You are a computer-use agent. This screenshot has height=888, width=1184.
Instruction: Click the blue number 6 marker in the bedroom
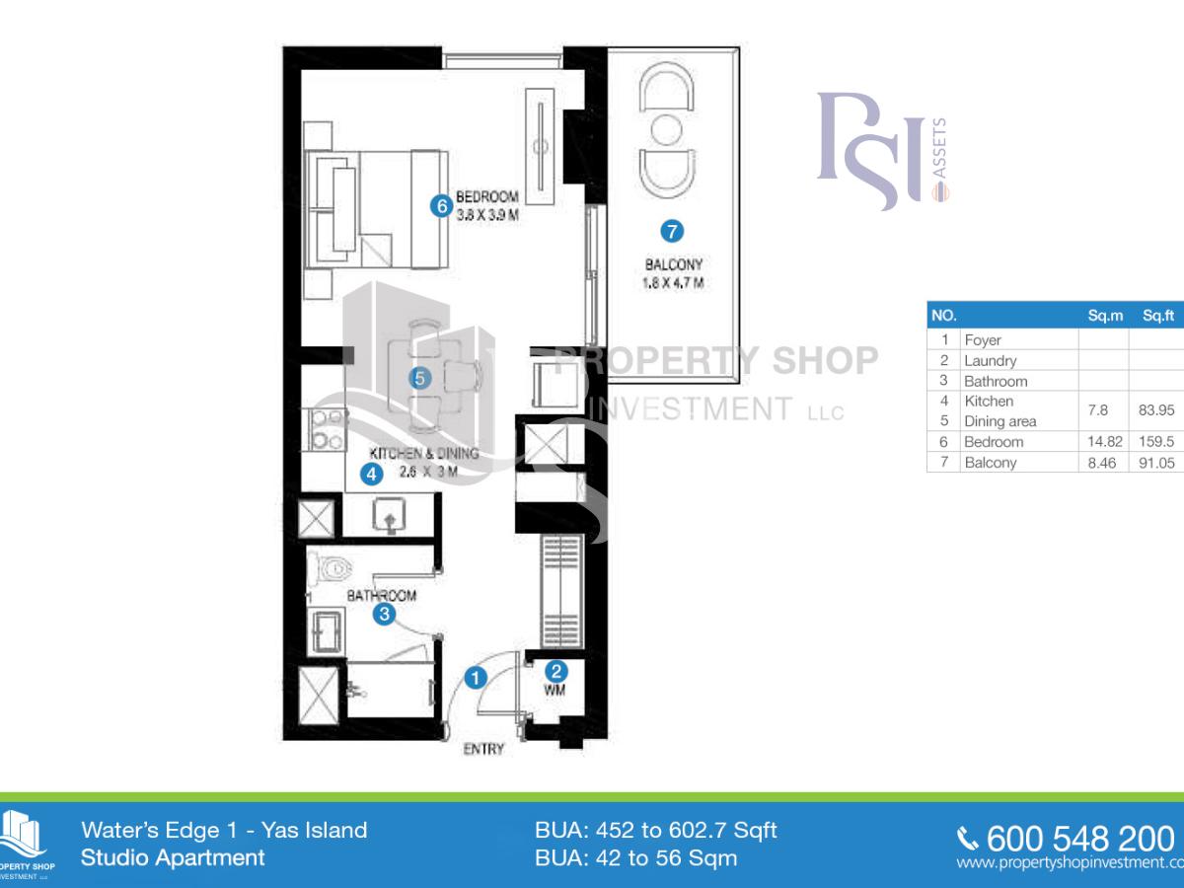(x=441, y=205)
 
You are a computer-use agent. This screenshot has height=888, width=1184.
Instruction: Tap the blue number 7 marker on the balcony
(x=671, y=232)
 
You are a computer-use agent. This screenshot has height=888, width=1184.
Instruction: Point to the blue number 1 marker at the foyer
(x=476, y=678)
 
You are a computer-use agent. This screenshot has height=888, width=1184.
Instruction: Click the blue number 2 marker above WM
(x=556, y=668)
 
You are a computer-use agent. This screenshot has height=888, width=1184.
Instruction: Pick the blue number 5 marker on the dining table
(x=420, y=377)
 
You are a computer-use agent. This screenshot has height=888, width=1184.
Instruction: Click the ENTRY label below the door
(x=483, y=749)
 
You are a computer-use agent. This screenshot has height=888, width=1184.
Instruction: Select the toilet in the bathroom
(x=333, y=568)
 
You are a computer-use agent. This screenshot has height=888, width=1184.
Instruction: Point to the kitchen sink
(x=389, y=513)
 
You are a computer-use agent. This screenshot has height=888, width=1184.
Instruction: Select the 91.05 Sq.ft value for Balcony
(x=1156, y=463)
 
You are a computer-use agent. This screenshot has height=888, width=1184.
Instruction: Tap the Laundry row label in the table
(x=991, y=361)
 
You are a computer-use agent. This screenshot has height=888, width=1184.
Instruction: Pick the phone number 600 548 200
(x=1079, y=839)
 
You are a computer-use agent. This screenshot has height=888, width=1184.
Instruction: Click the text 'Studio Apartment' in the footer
(x=173, y=857)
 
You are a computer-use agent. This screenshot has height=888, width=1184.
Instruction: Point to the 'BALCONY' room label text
(x=673, y=264)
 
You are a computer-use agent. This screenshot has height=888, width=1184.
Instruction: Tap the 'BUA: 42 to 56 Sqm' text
(x=635, y=857)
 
